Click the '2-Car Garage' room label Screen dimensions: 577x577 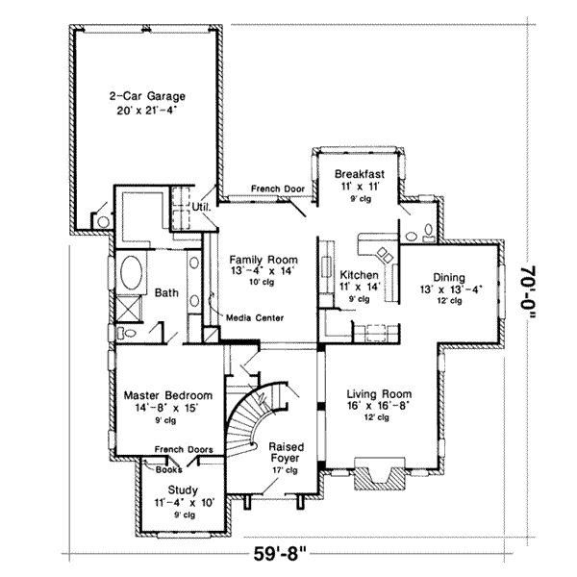point(146,96)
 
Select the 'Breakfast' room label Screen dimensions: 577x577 point(359,174)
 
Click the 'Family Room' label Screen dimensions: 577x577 point(263,260)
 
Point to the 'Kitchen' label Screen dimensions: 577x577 point(360,274)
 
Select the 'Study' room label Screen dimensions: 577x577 point(183,489)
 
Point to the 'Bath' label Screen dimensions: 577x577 point(166,292)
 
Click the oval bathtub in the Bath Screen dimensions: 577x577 point(132,271)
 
